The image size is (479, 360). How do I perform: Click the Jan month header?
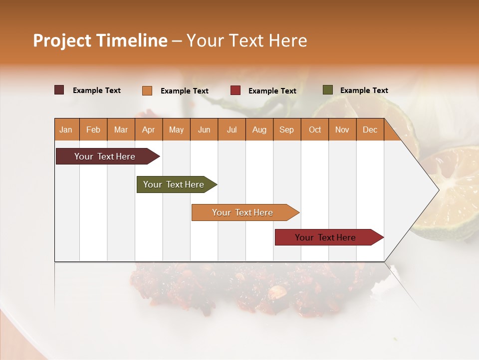[66, 129]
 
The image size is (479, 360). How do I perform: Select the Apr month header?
[148, 129]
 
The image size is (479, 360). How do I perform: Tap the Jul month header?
[232, 129]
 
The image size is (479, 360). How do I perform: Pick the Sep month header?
[286, 129]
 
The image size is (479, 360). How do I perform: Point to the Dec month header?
[370, 129]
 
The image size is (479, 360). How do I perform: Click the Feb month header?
[93, 129]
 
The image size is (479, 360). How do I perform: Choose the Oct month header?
[315, 129]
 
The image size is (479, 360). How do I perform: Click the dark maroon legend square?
[59, 90]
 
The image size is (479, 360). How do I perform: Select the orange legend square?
[147, 90]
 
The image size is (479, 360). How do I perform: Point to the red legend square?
[236, 90]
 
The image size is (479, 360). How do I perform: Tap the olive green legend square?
[328, 90]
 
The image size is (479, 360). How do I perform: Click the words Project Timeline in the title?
[100, 40]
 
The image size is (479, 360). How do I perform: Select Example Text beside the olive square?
[364, 90]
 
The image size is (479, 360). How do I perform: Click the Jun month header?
[204, 129]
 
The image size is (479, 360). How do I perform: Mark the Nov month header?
[342, 129]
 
